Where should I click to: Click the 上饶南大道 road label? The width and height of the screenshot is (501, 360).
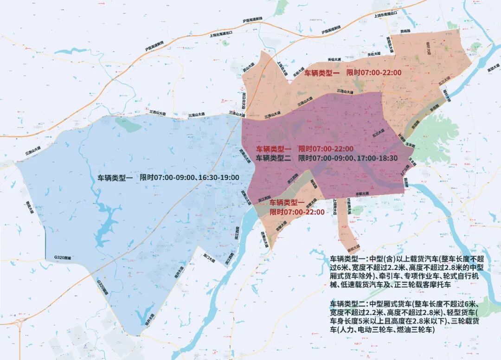[335, 206]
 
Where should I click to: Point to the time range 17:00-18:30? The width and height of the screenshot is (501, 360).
[377, 158]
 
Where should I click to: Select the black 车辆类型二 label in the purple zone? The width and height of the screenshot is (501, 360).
[273, 158]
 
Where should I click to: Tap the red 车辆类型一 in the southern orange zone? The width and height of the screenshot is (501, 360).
[287, 202]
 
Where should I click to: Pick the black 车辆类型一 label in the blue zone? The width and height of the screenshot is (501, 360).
[115, 178]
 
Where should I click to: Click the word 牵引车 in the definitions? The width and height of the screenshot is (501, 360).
[380, 276]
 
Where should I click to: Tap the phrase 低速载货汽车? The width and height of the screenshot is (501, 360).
[366, 285]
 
